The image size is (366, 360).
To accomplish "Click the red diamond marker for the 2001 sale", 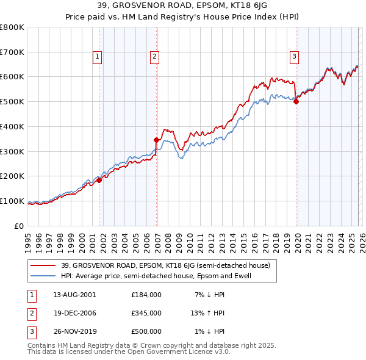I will click(x=99, y=180).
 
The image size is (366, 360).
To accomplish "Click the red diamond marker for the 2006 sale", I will click(x=157, y=140).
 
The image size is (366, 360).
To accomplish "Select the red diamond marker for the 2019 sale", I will click(x=296, y=102).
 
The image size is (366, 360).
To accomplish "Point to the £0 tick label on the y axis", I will click(x=19, y=226).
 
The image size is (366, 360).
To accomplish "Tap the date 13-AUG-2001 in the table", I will click(x=74, y=295).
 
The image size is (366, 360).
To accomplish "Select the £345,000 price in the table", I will click(x=146, y=313).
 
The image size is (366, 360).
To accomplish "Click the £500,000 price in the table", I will click(x=146, y=331).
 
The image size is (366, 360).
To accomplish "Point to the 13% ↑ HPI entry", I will click(x=207, y=313).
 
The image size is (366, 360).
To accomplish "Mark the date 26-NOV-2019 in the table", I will click(x=74, y=331).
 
